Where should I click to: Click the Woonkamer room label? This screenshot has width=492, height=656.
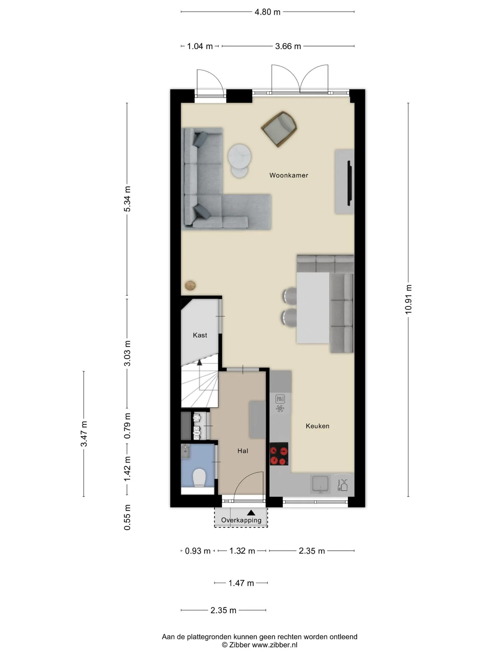click(x=289, y=175)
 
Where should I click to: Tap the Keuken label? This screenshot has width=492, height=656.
click(x=317, y=426)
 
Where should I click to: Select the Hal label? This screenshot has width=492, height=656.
click(x=243, y=451)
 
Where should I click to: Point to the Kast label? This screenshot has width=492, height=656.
click(x=200, y=335)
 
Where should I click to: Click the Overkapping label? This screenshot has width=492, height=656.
click(x=241, y=520)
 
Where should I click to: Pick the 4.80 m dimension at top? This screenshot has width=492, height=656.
click(x=268, y=12)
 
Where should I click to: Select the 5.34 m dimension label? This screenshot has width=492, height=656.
click(x=127, y=199)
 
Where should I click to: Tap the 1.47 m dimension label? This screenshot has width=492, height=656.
click(x=241, y=583)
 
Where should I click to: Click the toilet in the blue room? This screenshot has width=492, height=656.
click(x=199, y=478)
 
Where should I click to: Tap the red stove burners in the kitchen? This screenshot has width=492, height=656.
click(x=279, y=454)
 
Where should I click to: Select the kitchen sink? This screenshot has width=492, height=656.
click(x=320, y=484)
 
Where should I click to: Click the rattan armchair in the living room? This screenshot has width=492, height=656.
click(x=279, y=129)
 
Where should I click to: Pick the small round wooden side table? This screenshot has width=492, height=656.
click(x=190, y=285)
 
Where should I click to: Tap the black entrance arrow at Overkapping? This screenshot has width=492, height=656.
click(x=251, y=512)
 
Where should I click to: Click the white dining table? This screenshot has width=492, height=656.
click(x=313, y=307)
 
